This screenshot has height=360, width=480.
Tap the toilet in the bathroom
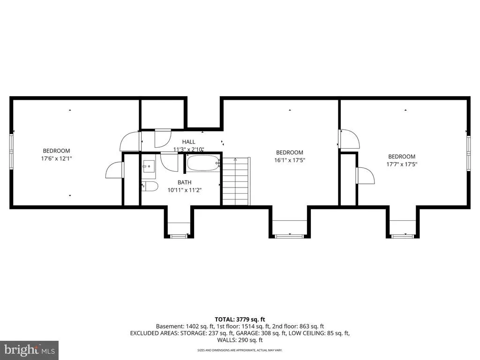[x=150, y=186]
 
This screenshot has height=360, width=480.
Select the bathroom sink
[x=149, y=166]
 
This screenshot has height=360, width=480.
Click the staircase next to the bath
[x=236, y=181]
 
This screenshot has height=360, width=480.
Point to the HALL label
[x=188, y=142]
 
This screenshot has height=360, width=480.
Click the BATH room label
[x=184, y=182]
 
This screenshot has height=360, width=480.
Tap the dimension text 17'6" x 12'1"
[x=57, y=158]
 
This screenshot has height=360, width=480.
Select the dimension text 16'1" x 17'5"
[x=290, y=160]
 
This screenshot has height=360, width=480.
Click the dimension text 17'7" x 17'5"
[x=402, y=165]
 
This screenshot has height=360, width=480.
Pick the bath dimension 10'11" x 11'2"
[x=185, y=190]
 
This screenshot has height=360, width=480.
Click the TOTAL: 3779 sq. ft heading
[x=240, y=320]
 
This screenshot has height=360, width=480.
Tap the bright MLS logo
[x=30, y=350]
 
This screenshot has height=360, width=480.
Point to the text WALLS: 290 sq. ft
[x=240, y=340]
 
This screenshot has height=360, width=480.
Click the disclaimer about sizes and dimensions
[x=240, y=350]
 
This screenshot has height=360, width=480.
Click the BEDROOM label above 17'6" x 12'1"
[x=56, y=151]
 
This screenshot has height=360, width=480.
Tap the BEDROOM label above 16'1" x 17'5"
[x=290, y=152]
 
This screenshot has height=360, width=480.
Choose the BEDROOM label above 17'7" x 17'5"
[x=402, y=157]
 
